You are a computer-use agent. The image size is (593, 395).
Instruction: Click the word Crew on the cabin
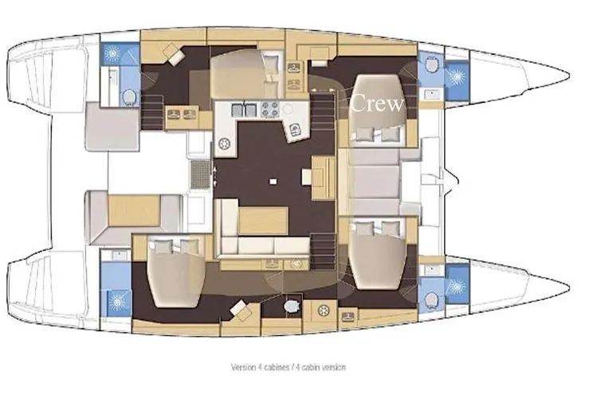[x=377, y=103]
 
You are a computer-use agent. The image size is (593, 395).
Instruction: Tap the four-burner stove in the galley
[x=270, y=110]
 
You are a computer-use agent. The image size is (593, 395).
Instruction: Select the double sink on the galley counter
[x=244, y=110]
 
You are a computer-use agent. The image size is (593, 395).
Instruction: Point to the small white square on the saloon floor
[x=273, y=182]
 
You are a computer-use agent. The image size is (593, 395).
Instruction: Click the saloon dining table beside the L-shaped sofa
[x=263, y=221]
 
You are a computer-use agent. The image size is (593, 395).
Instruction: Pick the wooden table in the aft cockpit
[x=133, y=210]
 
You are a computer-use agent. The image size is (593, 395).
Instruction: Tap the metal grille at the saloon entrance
[x=200, y=174]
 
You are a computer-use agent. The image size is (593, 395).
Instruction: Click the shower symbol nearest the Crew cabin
[x=457, y=76]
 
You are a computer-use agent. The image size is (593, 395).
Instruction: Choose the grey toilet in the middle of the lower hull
[x=291, y=305]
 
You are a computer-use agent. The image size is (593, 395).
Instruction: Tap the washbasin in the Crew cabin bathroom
[x=431, y=94]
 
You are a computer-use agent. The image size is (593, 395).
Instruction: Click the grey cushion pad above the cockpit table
[x=112, y=127]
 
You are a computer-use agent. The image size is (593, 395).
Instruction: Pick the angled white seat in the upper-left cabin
[x=174, y=54]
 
